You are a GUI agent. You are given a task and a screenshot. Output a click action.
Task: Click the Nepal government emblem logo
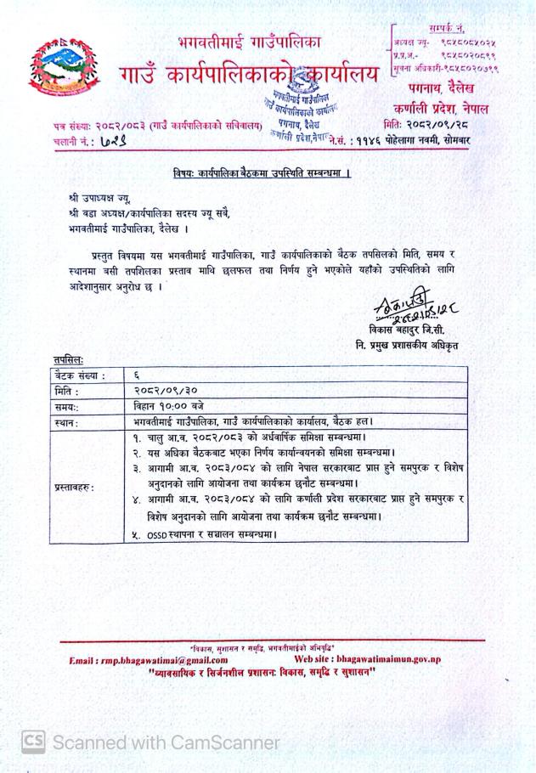click(59, 71)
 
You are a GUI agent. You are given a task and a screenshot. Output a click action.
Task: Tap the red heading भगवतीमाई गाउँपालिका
click(249, 40)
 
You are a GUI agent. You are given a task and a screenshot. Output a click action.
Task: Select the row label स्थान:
click(67, 421)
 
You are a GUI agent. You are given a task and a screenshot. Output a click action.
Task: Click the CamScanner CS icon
click(33, 742)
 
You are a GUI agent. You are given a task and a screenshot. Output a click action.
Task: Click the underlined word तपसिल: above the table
click(65, 359)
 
